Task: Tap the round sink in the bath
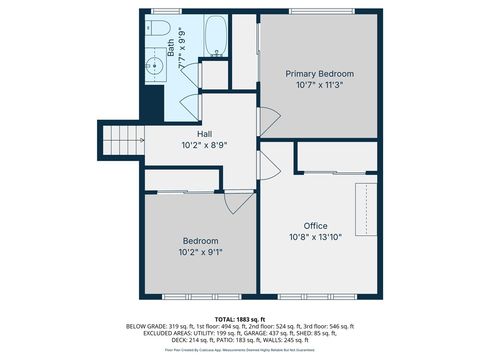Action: coord(154,68)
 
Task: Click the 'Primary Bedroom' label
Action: coord(319,74)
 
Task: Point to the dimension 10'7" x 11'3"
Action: coord(319,86)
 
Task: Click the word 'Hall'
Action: coord(204,133)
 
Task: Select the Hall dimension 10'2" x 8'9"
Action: coord(204,145)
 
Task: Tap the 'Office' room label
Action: coord(315,226)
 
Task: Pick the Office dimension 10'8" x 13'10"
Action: coord(315,238)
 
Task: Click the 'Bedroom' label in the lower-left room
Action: coord(200,240)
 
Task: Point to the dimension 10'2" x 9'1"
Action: coord(200,252)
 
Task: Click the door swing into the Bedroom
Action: coord(233,201)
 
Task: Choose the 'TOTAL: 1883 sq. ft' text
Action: coord(239,318)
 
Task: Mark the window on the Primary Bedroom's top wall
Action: coord(319,12)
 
